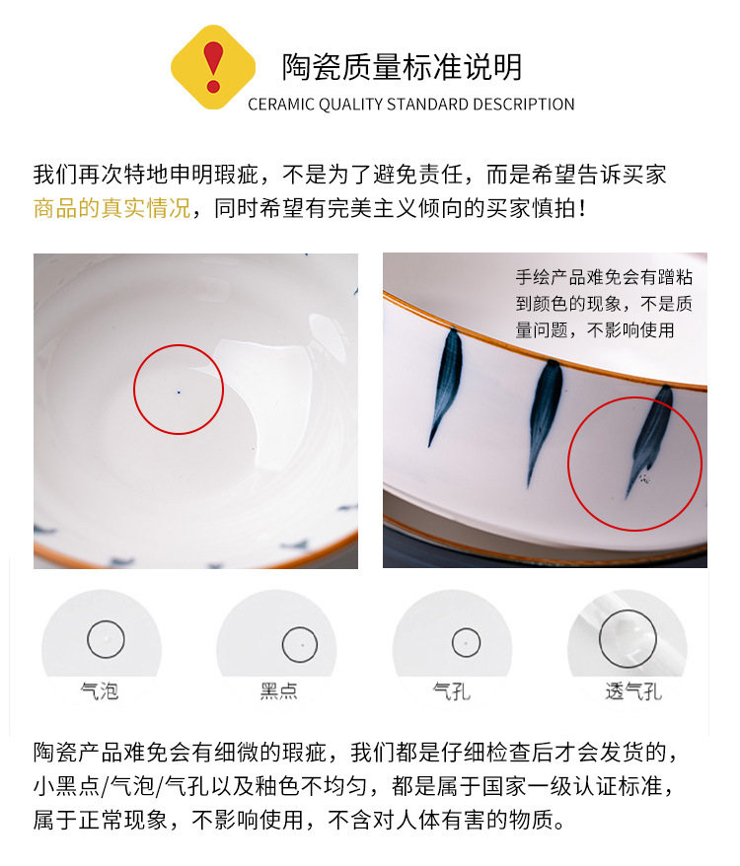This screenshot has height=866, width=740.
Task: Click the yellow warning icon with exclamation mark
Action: (213, 67)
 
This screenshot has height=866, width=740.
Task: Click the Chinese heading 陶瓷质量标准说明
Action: (403, 66)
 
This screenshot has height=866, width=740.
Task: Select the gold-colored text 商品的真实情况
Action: (111, 208)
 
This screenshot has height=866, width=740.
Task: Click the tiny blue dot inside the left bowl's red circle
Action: (179, 392)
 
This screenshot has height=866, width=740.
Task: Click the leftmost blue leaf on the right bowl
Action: (446, 383)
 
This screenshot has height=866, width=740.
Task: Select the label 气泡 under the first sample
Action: (100, 690)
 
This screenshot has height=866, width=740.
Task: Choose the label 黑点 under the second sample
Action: (279, 690)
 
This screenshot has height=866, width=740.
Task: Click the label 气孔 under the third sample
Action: (452, 690)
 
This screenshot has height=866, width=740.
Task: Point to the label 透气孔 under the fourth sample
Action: (632, 690)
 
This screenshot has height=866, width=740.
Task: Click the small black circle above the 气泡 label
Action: (106, 638)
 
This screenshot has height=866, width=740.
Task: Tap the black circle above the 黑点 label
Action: (300, 645)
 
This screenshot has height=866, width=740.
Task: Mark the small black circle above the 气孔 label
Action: (466, 643)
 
